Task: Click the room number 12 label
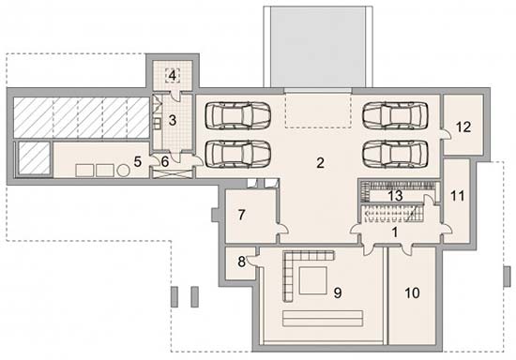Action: tap(463, 127)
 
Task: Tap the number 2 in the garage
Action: tap(320, 162)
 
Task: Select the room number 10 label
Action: tap(412, 292)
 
